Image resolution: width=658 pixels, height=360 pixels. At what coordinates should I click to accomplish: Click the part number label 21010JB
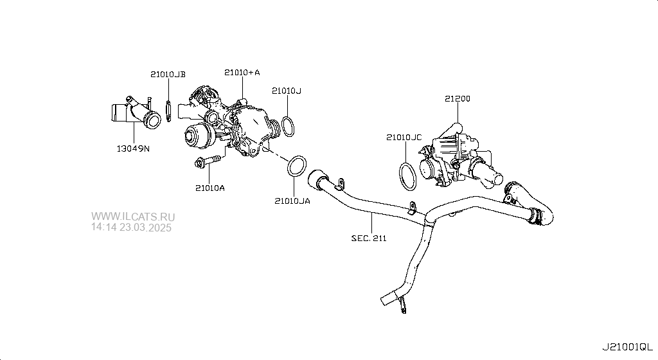[168, 75]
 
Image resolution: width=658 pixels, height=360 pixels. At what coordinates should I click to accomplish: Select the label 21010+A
[242, 72]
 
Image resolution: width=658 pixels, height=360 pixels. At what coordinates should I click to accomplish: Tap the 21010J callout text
[286, 91]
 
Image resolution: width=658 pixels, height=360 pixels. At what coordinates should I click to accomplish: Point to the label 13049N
[133, 148]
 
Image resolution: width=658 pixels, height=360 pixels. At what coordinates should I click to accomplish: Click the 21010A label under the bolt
[210, 188]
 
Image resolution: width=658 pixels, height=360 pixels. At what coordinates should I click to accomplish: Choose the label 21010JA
[292, 201]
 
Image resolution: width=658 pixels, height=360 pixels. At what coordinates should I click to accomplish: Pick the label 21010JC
[404, 137]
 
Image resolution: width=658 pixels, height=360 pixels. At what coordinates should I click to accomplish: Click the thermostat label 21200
[458, 98]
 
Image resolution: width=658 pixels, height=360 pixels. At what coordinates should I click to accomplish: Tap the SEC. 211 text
[369, 239]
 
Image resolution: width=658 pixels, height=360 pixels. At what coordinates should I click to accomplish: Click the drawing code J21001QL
[628, 347]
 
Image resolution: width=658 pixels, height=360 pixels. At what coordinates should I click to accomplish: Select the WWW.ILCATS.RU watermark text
[133, 217]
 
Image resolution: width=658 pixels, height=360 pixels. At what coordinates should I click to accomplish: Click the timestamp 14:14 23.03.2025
[131, 228]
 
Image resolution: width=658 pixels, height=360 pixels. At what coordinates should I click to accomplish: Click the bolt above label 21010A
[208, 161]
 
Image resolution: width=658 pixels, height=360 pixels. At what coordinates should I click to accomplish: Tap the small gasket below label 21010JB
[169, 111]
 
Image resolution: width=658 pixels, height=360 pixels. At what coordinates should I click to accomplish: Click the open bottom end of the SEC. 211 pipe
[386, 298]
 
